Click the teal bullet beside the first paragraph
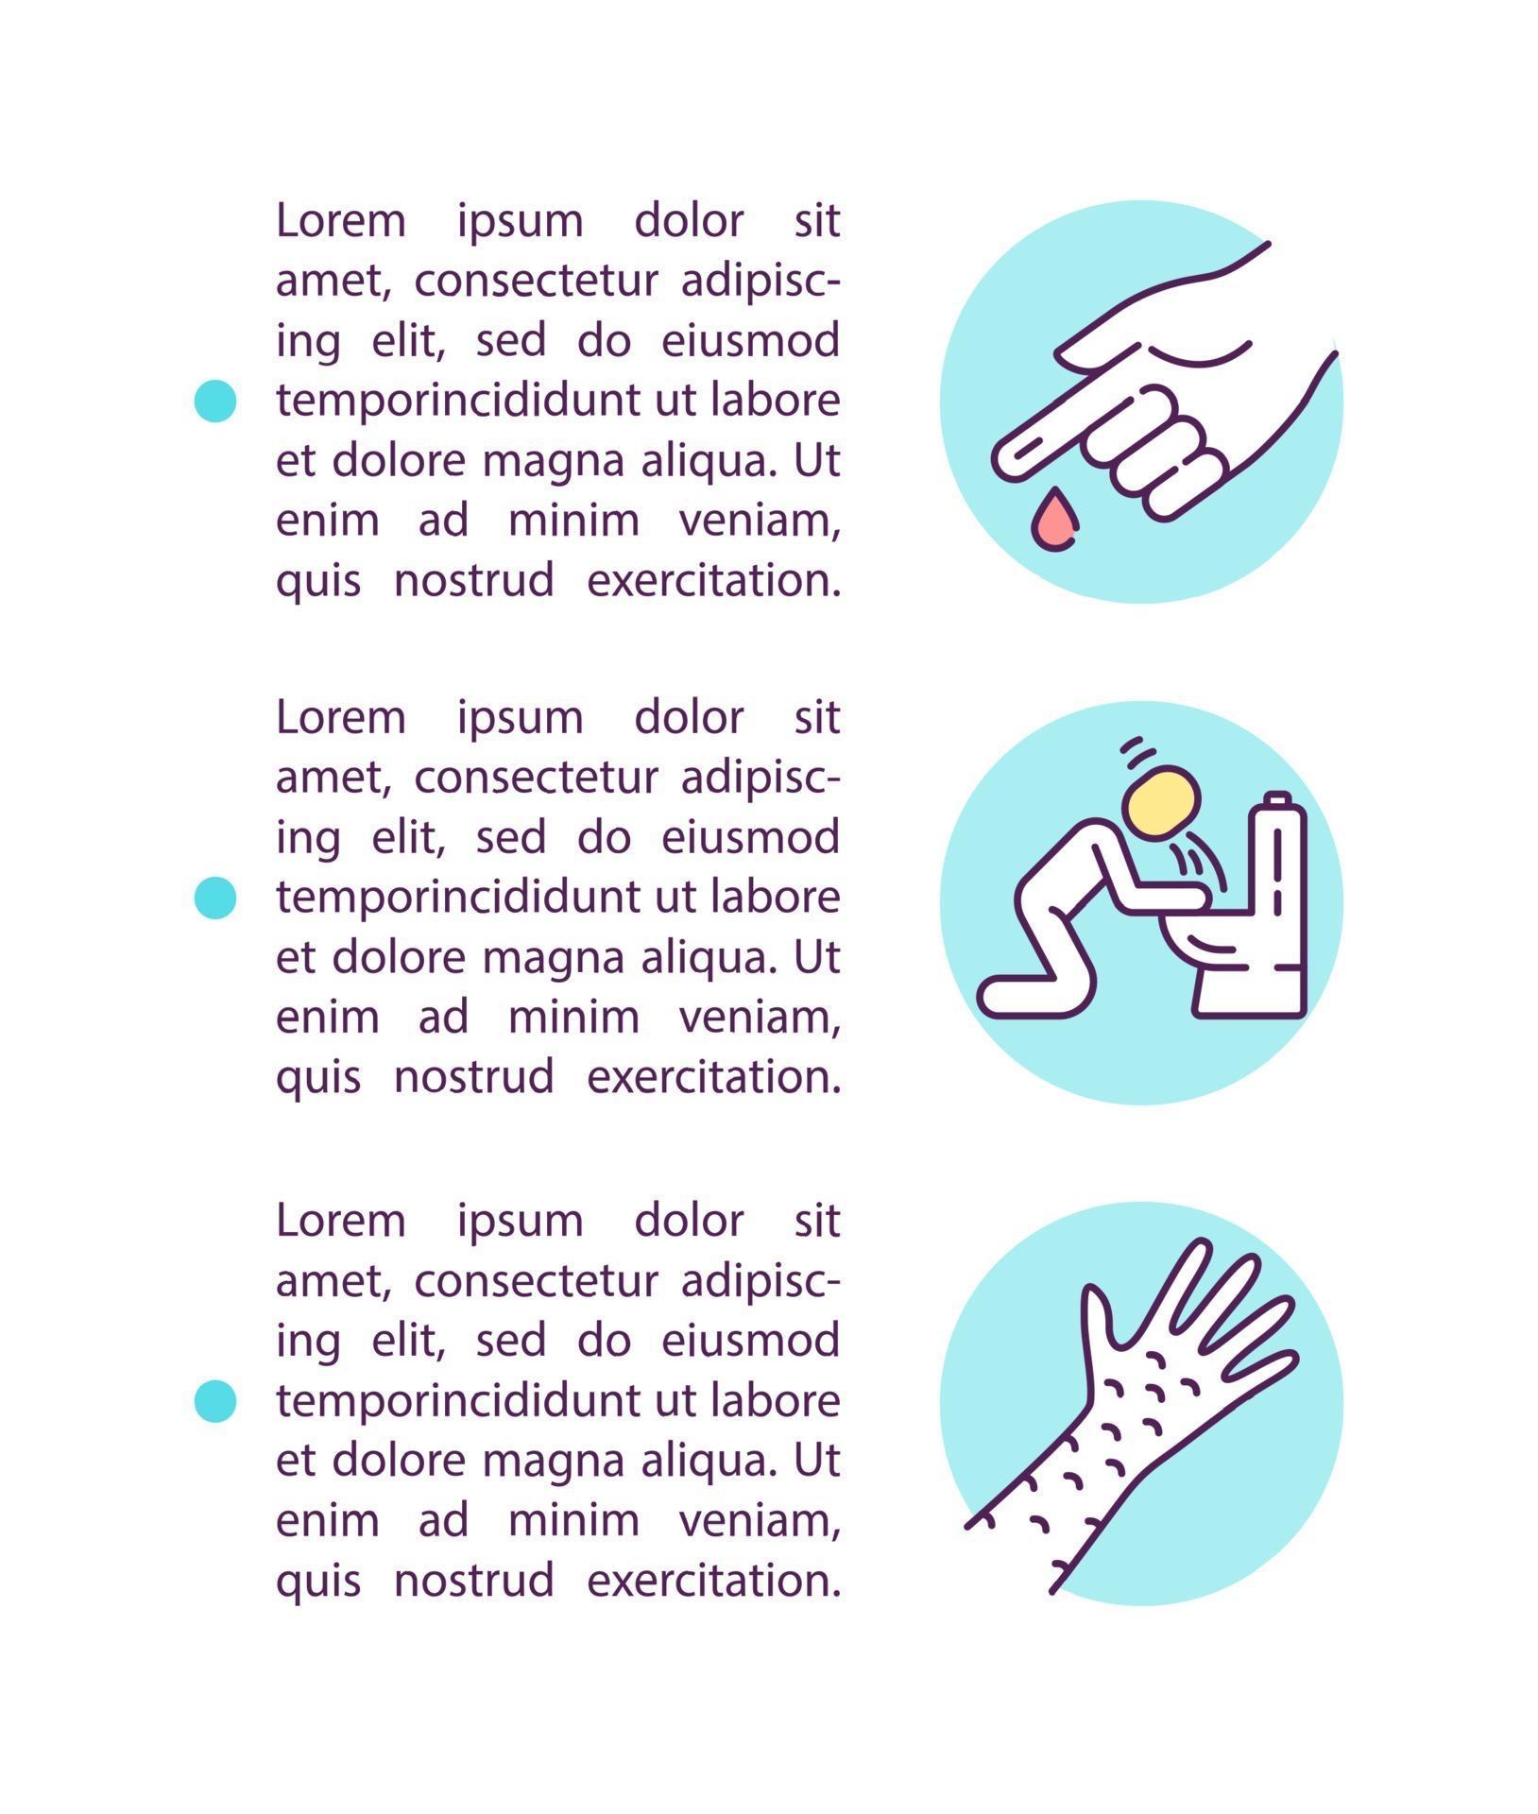pos(214,400)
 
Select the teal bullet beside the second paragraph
pos(214,897)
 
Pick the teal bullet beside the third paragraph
pos(214,1399)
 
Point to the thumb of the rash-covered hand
pos(1100,1317)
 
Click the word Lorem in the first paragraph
pos(341,221)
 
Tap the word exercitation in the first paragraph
pos(713,580)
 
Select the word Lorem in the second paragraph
pos(341,718)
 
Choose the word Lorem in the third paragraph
pos(341,1221)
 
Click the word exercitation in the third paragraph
pos(713,1580)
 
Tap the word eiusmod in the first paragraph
pos(750,340)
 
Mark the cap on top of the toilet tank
pos(1277,800)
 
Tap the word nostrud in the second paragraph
pos(473,1077)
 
